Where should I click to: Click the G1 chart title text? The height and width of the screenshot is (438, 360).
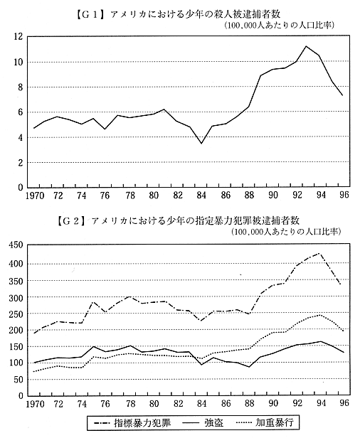pyautogui.click(x=178, y=14)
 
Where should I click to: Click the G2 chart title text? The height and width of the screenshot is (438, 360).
pyautogui.click(x=178, y=220)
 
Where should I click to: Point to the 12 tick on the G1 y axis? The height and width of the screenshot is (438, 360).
pyautogui.click(x=18, y=36)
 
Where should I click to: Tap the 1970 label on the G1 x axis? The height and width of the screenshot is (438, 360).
pyautogui.click(x=35, y=196)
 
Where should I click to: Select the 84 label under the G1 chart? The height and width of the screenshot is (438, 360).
pyautogui.click(x=201, y=196)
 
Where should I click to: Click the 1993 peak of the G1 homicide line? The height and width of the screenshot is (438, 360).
pyautogui.click(x=306, y=46)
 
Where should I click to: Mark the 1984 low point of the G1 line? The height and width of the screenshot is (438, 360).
pyautogui.click(x=201, y=144)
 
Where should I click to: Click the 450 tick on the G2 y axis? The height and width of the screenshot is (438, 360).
pyautogui.click(x=16, y=245)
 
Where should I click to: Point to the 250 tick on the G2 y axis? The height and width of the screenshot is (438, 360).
pyautogui.click(x=16, y=314)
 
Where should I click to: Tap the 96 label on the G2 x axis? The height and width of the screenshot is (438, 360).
pyautogui.click(x=344, y=402)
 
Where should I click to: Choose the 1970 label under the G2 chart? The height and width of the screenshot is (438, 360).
pyautogui.click(x=36, y=404)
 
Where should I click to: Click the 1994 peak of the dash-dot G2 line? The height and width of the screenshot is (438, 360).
pyautogui.click(x=319, y=253)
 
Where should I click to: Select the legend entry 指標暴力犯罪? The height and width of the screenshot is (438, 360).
pyautogui.click(x=132, y=422)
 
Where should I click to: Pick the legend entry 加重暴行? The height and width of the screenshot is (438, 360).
pyautogui.click(x=265, y=422)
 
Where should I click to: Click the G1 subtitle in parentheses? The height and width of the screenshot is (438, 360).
pyautogui.click(x=279, y=26)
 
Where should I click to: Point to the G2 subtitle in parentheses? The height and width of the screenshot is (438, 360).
pyautogui.click(x=286, y=232)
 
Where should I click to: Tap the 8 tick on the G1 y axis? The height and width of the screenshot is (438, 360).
pyautogui.click(x=20, y=87)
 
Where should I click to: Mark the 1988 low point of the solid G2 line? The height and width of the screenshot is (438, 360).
pyautogui.click(x=249, y=367)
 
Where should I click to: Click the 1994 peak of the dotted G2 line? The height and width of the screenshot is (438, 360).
pyautogui.click(x=319, y=315)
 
